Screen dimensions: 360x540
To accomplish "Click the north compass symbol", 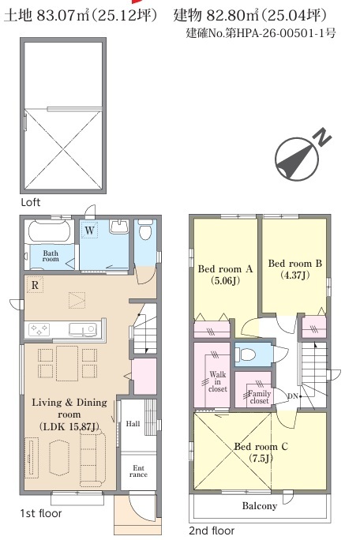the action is pos(297,159).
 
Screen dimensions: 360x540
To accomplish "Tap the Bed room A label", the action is pos(225,268).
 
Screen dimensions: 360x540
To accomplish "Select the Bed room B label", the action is pos(295,264).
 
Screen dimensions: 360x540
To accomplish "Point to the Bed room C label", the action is pos(261,446).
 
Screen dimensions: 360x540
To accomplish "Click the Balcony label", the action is pos(260,505).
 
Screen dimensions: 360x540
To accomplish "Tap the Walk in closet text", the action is pos(218,381).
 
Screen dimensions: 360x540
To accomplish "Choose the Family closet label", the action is pos(260,397).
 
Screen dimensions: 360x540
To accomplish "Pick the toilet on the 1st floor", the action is pos(145,230).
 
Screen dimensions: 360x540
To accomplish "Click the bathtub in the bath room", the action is pos(51,231).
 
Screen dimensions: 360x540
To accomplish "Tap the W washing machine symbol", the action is pos(89,230).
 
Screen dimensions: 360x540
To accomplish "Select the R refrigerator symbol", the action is pos(35,285).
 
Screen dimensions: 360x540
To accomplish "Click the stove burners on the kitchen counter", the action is pos(39,329).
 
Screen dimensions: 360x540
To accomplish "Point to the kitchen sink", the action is pos(83,329).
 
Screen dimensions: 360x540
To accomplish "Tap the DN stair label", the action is pos(292,396).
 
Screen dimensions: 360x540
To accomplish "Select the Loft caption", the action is pos(31,202).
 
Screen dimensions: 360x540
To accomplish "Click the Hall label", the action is pos(133,424).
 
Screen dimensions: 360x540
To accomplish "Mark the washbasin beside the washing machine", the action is pos(119,227).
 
